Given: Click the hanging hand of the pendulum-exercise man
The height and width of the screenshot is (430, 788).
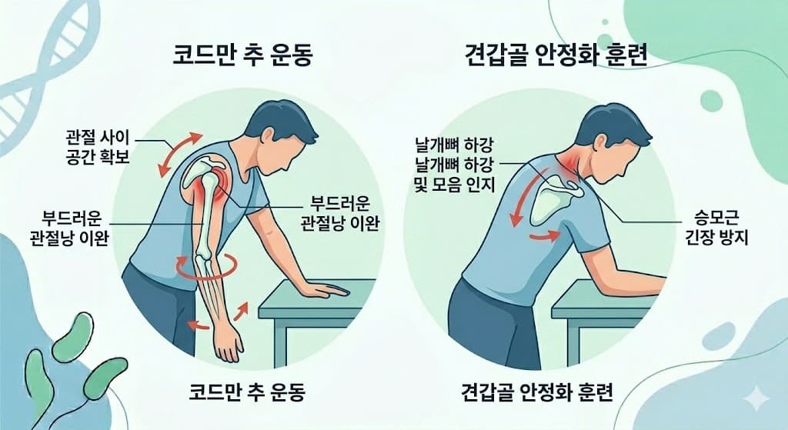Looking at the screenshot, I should click(x=225, y=343).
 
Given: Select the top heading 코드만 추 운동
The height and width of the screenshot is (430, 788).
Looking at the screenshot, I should click(x=243, y=57).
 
